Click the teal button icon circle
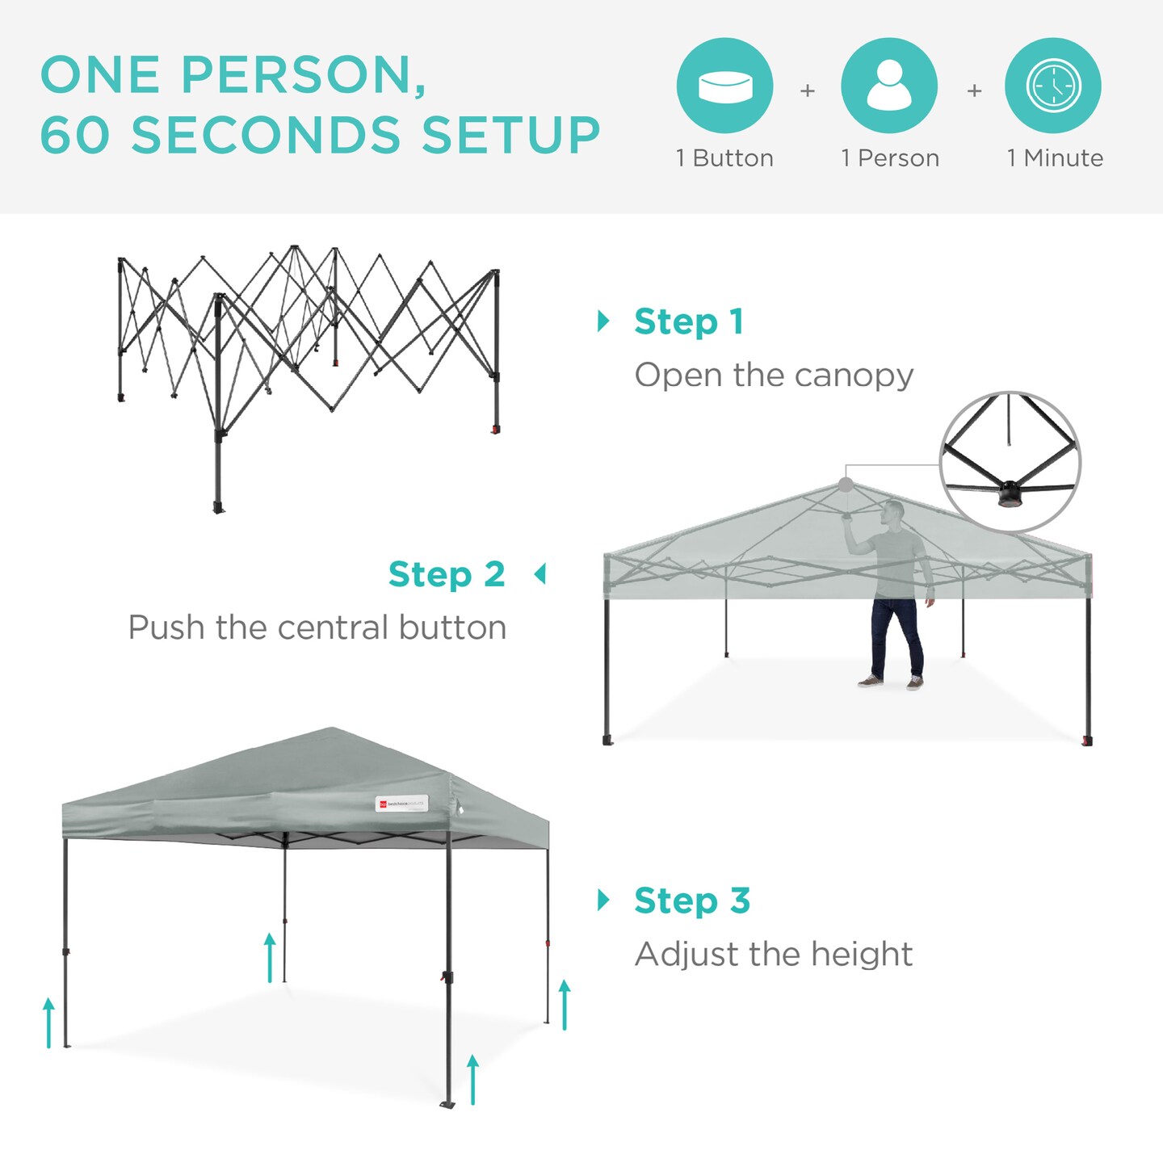coord(724,86)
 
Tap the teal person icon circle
coord(888,86)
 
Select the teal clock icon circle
coord(1053,86)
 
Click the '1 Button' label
coord(724,158)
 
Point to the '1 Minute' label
coord(1054,158)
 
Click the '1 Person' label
coord(889,158)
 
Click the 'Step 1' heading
coord(688,321)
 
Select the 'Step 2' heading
coord(447,574)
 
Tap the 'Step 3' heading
coord(692,900)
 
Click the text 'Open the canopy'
coord(774,375)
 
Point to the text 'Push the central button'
coord(317,628)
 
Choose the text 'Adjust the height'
coord(773,954)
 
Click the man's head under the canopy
coord(892,512)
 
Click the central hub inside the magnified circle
coord(1010,493)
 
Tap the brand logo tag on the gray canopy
coord(401,804)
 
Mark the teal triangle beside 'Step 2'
coord(540,574)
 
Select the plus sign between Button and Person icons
coord(807,91)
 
